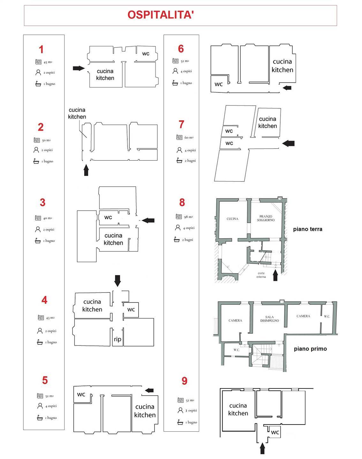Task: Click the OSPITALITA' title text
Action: pyautogui.click(x=161, y=15)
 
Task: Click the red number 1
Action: pyautogui.click(x=41, y=49)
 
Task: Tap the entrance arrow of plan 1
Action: pyautogui.click(x=79, y=68)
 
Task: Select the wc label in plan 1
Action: pyautogui.click(x=146, y=54)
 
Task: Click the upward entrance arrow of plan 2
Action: pyautogui.click(x=86, y=170)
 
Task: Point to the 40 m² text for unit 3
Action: pyautogui.click(x=48, y=218)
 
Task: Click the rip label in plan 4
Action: pyautogui.click(x=117, y=339)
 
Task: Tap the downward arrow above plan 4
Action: pyautogui.click(x=117, y=280)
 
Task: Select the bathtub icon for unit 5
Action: pyautogui.click(x=40, y=418)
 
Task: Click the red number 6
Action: pyautogui.click(x=181, y=49)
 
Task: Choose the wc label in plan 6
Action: pyautogui.click(x=219, y=84)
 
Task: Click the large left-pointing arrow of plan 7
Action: pyautogui.click(x=288, y=143)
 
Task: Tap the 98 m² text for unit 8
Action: pyautogui.click(x=188, y=217)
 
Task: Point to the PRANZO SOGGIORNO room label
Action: pyautogui.click(x=266, y=218)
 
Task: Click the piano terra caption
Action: pyautogui.click(x=307, y=229)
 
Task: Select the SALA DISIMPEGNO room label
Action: pyautogui.click(x=269, y=319)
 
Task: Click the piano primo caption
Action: pyautogui.click(x=310, y=349)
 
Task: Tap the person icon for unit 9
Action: pyautogui.click(x=180, y=411)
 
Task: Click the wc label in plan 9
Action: pyautogui.click(x=275, y=433)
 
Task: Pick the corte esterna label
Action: pyautogui.click(x=261, y=275)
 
